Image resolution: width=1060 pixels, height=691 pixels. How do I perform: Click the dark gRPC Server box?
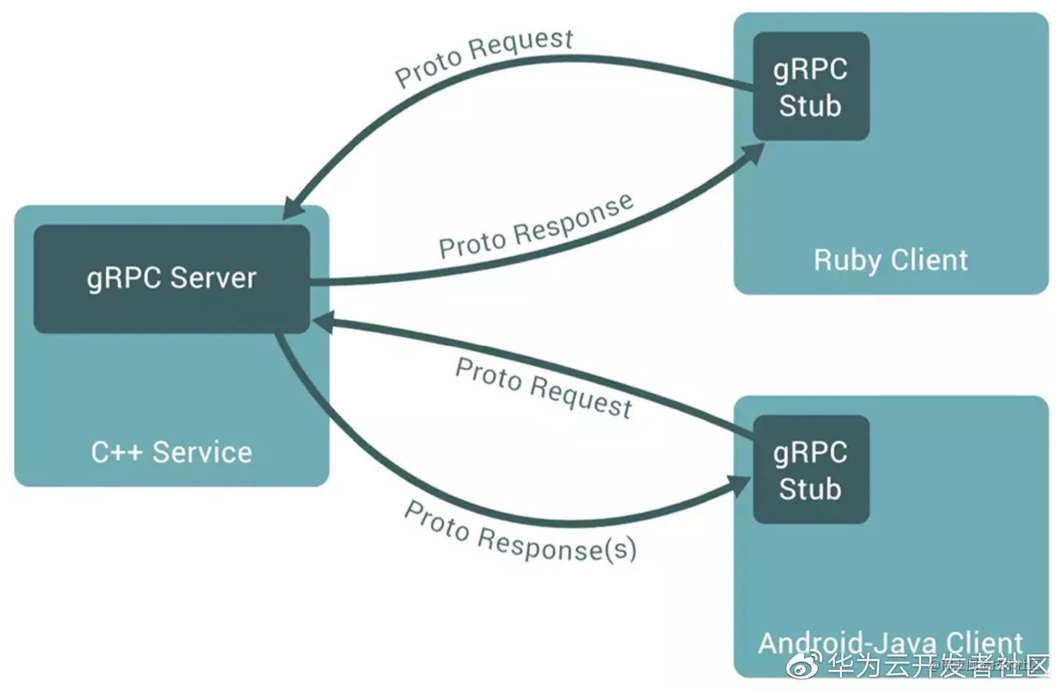coord(172,279)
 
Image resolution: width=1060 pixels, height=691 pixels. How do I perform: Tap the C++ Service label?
coord(171,452)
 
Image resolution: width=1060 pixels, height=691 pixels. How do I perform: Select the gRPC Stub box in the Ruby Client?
coord(810,86)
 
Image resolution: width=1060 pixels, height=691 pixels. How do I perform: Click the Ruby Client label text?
coord(890,260)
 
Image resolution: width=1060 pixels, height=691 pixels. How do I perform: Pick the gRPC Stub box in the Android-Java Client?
coord(810,469)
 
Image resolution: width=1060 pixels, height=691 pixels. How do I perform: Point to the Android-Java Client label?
coord(890,642)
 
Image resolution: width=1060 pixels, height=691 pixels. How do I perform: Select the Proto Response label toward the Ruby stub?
coord(536,227)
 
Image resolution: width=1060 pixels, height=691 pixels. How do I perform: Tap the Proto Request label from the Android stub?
coord(543,387)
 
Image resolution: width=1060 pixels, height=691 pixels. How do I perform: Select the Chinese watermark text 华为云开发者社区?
coord(939,665)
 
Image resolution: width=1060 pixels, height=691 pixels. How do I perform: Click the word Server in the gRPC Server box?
coord(213,279)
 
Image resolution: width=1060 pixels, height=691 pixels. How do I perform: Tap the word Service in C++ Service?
coord(202,452)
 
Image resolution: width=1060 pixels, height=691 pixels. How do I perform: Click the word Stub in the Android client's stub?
coord(810,489)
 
